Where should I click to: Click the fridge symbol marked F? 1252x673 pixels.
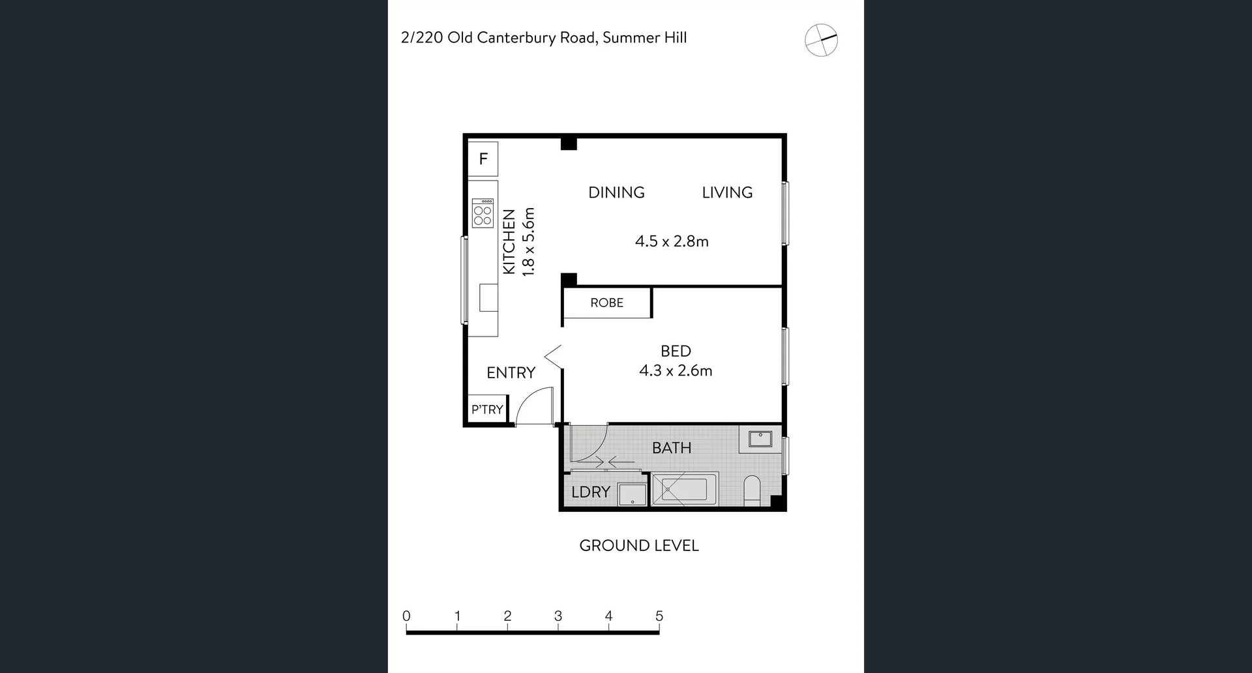pyautogui.click(x=483, y=158)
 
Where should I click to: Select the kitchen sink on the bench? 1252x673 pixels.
pyautogui.click(x=488, y=297)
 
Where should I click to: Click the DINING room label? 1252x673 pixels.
pyautogui.click(x=616, y=192)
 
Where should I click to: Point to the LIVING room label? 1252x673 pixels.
pyautogui.click(x=727, y=192)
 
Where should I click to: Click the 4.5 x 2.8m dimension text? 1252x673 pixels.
pyautogui.click(x=672, y=241)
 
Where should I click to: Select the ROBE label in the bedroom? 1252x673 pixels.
pyautogui.click(x=606, y=303)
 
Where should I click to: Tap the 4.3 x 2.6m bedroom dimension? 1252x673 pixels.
pyautogui.click(x=676, y=370)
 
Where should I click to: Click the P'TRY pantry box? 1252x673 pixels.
pyautogui.click(x=487, y=410)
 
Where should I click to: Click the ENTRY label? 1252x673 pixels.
pyautogui.click(x=511, y=372)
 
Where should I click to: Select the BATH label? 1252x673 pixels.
pyautogui.click(x=672, y=448)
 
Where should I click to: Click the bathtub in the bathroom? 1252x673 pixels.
pyautogui.click(x=685, y=489)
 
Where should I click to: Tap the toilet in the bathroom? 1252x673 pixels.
pyautogui.click(x=752, y=490)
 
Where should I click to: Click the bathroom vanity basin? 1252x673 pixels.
pyautogui.click(x=760, y=438)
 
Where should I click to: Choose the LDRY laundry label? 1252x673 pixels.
pyautogui.click(x=591, y=492)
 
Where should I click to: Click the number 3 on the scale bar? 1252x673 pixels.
pyautogui.click(x=558, y=616)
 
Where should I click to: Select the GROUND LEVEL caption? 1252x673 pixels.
pyautogui.click(x=639, y=545)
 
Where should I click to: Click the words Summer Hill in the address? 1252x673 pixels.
pyautogui.click(x=644, y=38)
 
